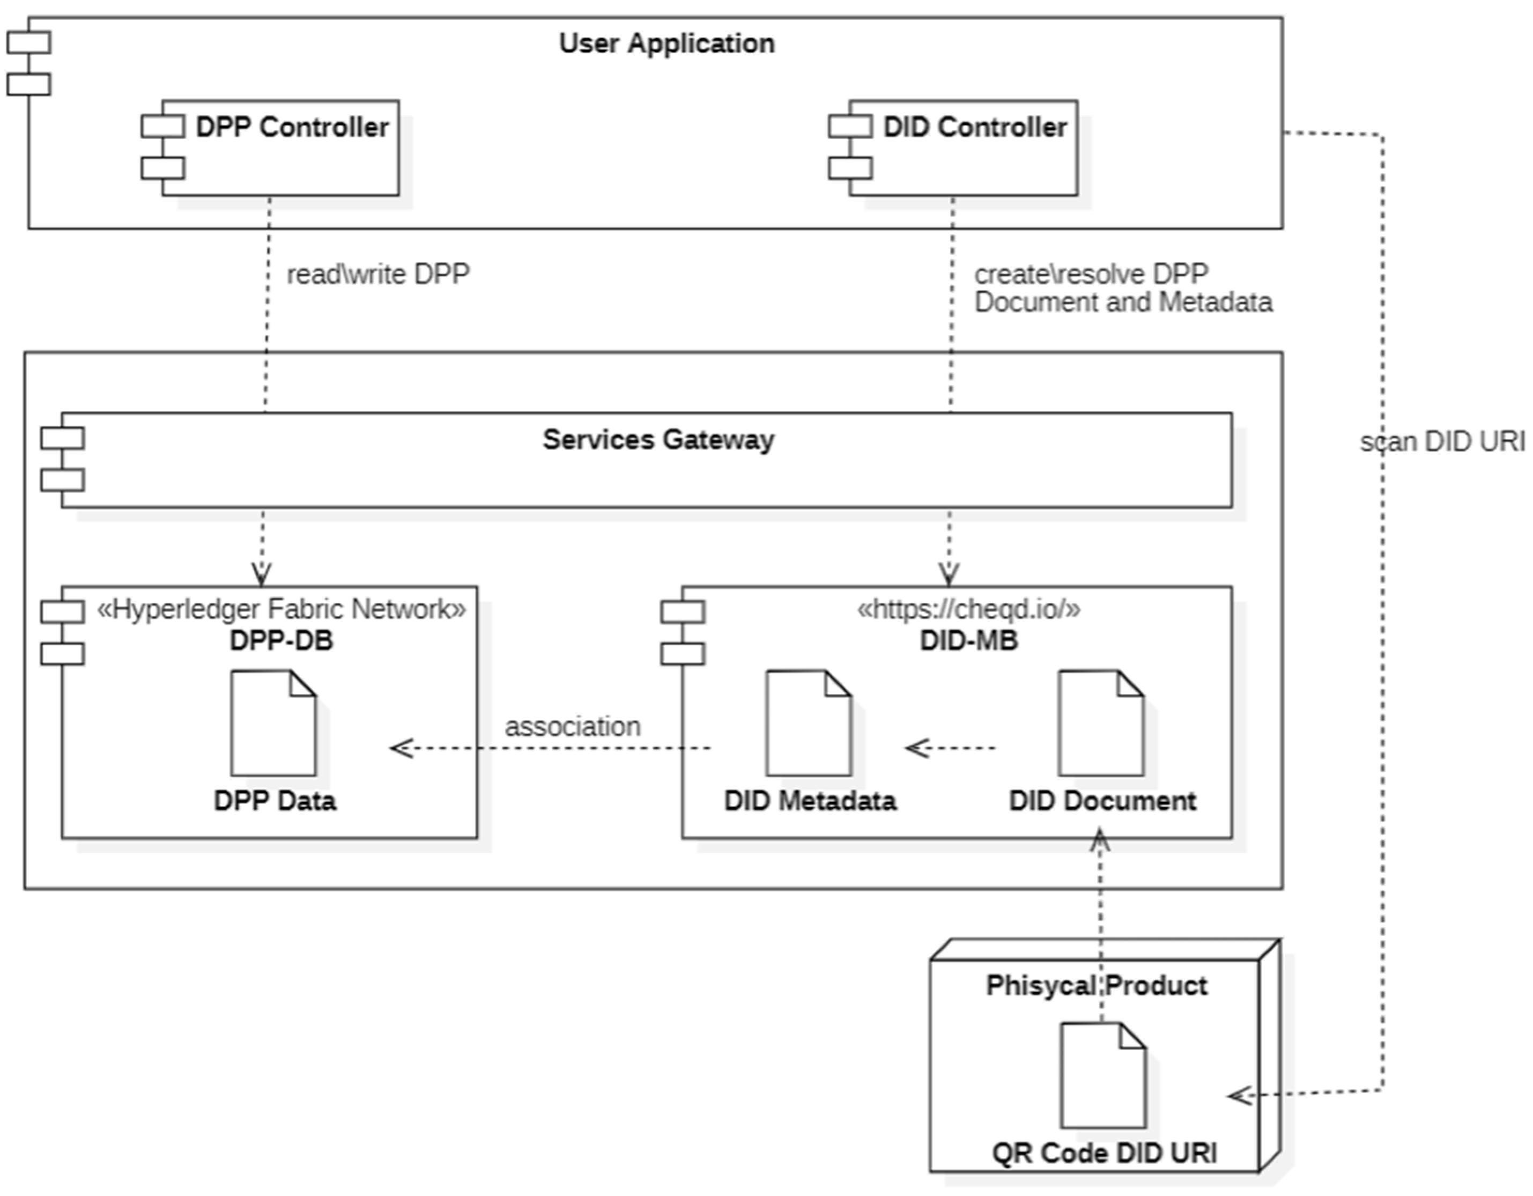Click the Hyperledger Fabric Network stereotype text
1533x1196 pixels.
pos(281,609)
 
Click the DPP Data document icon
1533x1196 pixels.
pos(274,723)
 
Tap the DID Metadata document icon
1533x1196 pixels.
pos(809,723)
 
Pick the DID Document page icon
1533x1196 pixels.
pos(1101,723)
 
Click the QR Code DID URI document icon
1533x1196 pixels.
pos(1103,1075)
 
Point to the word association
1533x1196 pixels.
pos(573,726)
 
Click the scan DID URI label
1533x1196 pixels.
pos(1442,442)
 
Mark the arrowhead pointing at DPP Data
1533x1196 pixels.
pos(400,748)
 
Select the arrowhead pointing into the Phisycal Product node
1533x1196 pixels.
pos(1239,1096)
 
